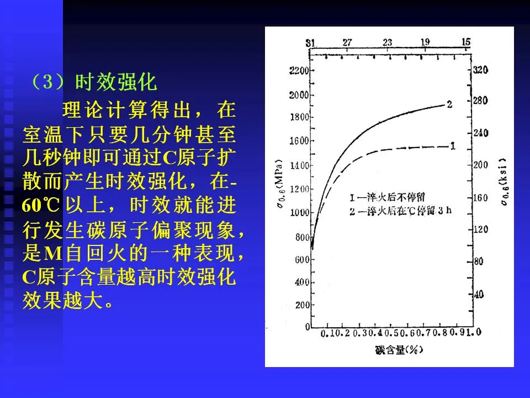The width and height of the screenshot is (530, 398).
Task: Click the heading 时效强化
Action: click(116, 83)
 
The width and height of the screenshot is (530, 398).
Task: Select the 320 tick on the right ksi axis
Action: click(481, 70)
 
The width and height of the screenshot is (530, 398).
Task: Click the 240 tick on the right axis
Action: click(481, 133)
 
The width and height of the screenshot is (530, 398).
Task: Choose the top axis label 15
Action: click(465, 42)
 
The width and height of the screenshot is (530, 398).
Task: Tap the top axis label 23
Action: click(387, 42)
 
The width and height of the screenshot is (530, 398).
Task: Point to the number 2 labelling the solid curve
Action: click(449, 103)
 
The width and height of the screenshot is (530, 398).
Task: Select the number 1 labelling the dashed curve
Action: click(452, 146)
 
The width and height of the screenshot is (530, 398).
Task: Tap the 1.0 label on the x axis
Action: click(474, 332)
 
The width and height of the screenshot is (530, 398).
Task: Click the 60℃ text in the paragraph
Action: click(41, 205)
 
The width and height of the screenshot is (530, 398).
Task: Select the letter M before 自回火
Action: click(51, 253)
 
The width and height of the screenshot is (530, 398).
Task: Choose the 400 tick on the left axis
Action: click(301, 282)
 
